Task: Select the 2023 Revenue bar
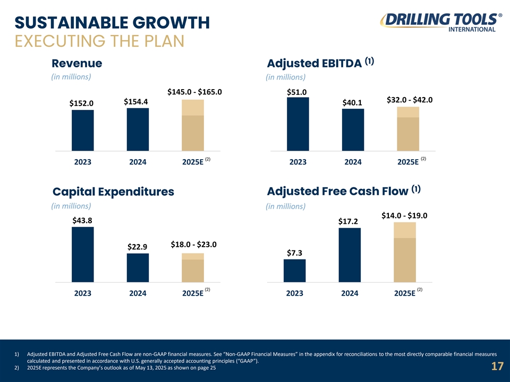(82, 130)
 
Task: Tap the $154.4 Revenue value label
(135, 101)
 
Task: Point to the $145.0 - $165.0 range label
(194, 92)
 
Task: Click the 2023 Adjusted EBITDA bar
(297, 124)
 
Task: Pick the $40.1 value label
(353, 102)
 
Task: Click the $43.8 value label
(82, 220)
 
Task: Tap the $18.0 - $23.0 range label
(193, 245)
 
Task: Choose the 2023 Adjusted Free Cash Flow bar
(294, 270)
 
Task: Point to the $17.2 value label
(348, 221)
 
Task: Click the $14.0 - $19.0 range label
(404, 215)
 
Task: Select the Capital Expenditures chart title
(113, 192)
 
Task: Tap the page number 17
(497, 367)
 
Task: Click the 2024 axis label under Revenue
(138, 162)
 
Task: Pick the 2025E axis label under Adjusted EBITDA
(407, 162)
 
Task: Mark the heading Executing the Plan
(99, 41)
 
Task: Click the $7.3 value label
(295, 253)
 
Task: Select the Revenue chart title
(77, 63)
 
